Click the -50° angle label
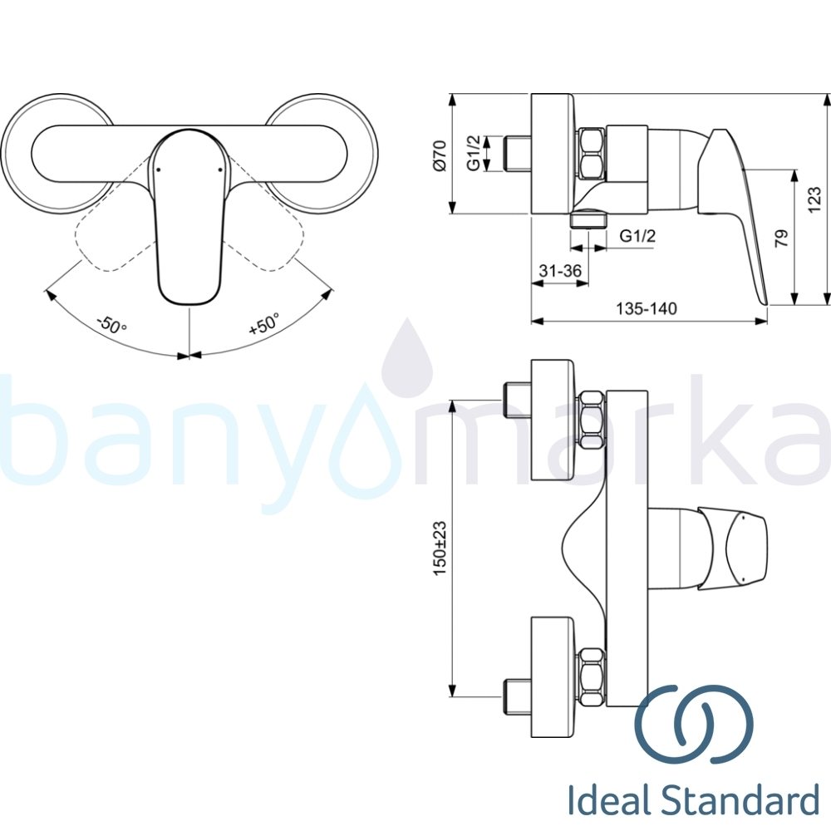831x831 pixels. [x=111, y=322]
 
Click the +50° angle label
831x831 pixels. [x=264, y=322]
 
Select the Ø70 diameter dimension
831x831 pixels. [x=440, y=155]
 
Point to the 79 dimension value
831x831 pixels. [x=780, y=239]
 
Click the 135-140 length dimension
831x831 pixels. [x=647, y=309]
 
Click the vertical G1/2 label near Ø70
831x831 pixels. [x=473, y=154]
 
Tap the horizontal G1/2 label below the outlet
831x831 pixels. [x=638, y=236]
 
